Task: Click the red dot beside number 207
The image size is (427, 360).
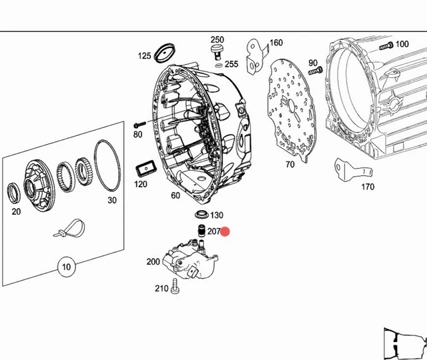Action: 225,231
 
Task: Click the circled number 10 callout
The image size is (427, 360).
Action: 65,267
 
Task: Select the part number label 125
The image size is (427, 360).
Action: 145,56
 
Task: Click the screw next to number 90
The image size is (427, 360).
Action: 316,70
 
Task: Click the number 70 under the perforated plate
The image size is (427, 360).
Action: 290,164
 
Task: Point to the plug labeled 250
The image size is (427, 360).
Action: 217,53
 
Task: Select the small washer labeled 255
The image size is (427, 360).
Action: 219,65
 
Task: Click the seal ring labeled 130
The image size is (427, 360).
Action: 199,215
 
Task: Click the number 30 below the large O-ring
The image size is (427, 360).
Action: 112,200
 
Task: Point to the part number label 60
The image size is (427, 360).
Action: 175,195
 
